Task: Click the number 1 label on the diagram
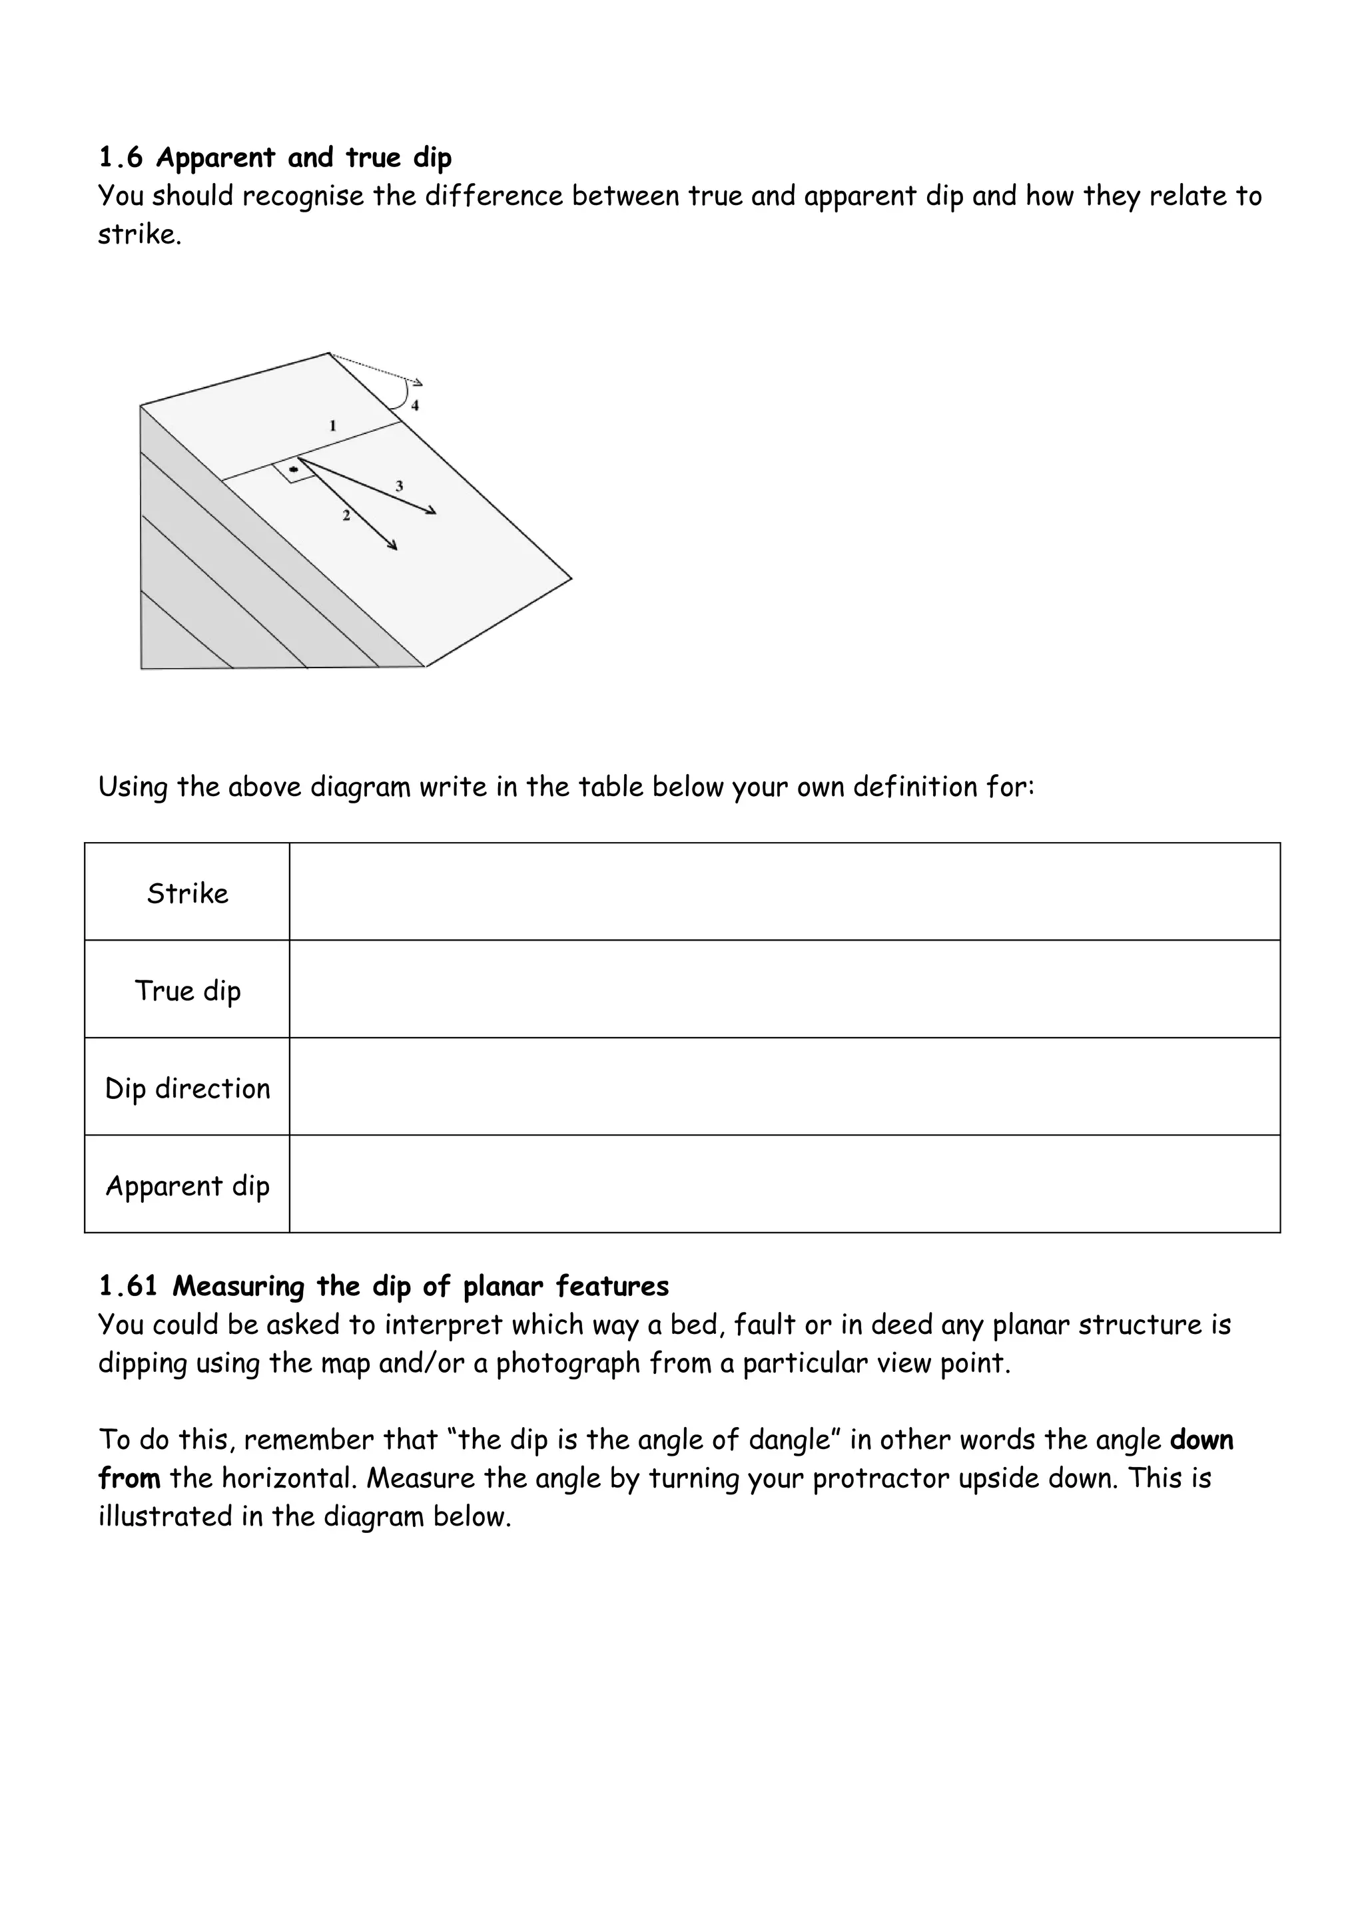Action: (333, 426)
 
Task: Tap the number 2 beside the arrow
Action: (346, 515)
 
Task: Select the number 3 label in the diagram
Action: (399, 486)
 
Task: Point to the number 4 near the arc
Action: (415, 406)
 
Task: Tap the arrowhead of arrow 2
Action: (394, 546)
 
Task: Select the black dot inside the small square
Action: (293, 468)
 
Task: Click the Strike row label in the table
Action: (187, 893)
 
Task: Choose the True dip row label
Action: (187, 990)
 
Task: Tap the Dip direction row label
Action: (187, 1088)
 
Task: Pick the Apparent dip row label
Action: (187, 1185)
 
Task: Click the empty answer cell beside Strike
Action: (784, 892)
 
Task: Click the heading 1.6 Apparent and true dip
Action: (275, 157)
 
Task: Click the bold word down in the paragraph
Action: (1201, 1439)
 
